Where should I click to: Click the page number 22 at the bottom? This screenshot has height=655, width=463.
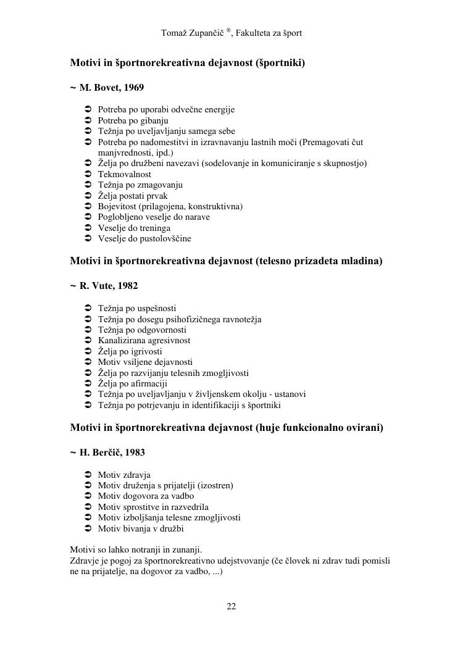click(x=231, y=606)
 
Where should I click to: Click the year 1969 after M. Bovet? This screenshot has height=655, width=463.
click(x=133, y=88)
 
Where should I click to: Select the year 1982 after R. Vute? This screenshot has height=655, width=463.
click(x=127, y=286)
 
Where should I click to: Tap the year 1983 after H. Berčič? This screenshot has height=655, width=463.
click(x=135, y=453)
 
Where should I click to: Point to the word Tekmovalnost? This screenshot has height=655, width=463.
click(x=124, y=174)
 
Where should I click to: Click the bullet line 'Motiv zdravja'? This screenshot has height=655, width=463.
click(x=124, y=475)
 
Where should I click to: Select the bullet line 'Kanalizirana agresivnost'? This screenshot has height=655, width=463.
click(x=144, y=340)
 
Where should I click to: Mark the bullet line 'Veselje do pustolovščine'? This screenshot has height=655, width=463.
click(x=144, y=238)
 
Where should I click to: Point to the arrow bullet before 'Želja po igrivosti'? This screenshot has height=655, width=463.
click(x=87, y=351)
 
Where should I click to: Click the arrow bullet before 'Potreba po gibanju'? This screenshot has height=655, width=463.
click(x=87, y=120)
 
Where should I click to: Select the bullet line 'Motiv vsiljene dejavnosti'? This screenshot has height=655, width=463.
click(x=145, y=362)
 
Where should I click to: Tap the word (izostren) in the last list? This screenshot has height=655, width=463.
click(x=213, y=485)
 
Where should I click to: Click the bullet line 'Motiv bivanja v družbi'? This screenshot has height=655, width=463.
click(x=141, y=528)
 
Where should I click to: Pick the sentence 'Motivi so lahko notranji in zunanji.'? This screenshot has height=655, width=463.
click(x=136, y=549)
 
